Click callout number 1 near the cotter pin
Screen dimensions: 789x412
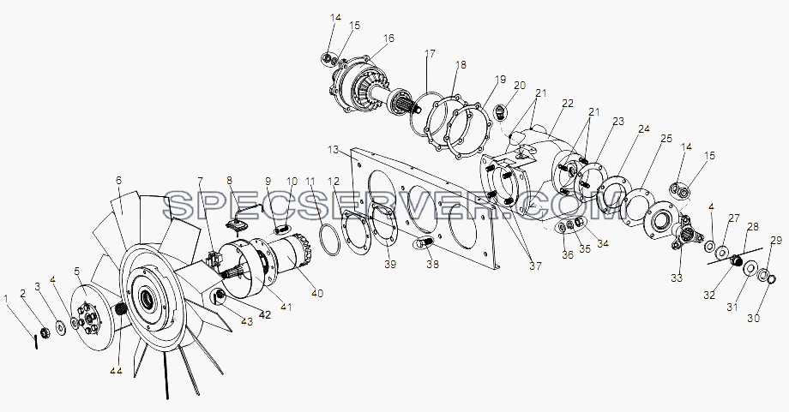(x=6, y=298)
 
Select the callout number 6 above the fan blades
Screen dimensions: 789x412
(x=118, y=181)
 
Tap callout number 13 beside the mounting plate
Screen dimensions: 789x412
(x=333, y=150)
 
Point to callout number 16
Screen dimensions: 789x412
(x=388, y=39)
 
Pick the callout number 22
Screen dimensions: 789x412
(x=568, y=104)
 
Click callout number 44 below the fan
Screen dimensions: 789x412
(x=117, y=371)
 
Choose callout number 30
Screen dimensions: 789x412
(x=753, y=318)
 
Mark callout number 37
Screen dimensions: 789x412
(x=535, y=266)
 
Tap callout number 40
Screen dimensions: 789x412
(x=317, y=293)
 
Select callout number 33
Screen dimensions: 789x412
(x=677, y=278)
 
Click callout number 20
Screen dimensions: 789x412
(x=520, y=86)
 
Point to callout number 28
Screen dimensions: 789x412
(x=753, y=228)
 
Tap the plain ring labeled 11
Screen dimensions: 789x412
(x=330, y=240)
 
